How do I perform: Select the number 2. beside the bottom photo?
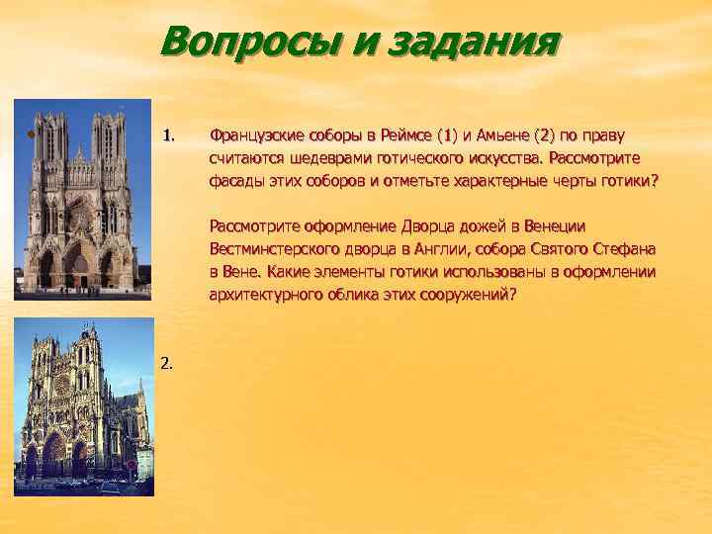[x=165, y=363]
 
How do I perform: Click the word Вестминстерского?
[x=275, y=249]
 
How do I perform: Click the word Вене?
[x=243, y=272]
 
